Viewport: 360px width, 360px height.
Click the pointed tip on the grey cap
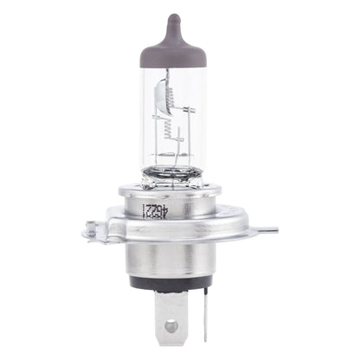click(x=174, y=18)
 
